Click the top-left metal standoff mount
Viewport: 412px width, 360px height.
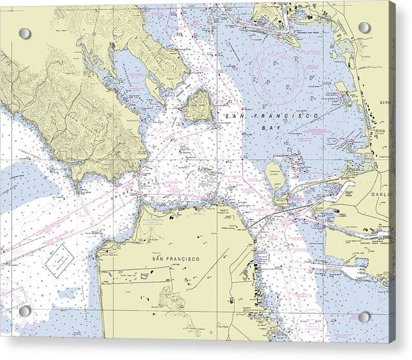click(x=25, y=33)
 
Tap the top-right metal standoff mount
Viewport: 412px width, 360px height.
click(x=364, y=27)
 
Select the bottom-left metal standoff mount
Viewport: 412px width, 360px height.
click(x=25, y=311)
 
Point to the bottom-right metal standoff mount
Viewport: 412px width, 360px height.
click(x=364, y=316)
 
